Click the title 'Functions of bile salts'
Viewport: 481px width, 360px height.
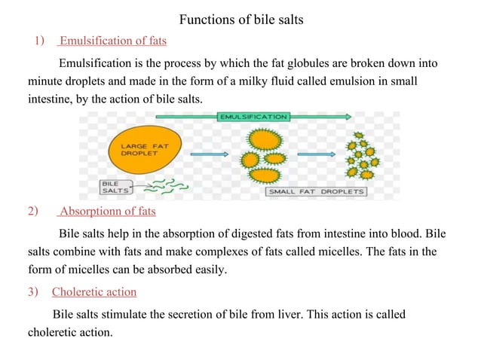(x=241, y=20)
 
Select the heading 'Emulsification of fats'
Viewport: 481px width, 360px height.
(x=113, y=41)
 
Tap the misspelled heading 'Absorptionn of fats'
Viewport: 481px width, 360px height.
(x=108, y=212)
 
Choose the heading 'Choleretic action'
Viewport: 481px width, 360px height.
(x=94, y=291)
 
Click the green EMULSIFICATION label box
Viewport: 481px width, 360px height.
(x=253, y=117)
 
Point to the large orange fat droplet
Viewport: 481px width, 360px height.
(x=145, y=150)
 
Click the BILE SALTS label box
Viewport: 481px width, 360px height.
(x=116, y=188)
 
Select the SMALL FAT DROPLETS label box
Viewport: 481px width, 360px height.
(x=316, y=192)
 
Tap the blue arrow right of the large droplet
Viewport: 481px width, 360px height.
(x=209, y=154)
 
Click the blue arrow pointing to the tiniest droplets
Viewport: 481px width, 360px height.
(x=317, y=154)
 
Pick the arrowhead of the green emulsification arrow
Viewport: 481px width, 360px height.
(x=348, y=117)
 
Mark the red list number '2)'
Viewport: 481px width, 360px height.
(x=33, y=212)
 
